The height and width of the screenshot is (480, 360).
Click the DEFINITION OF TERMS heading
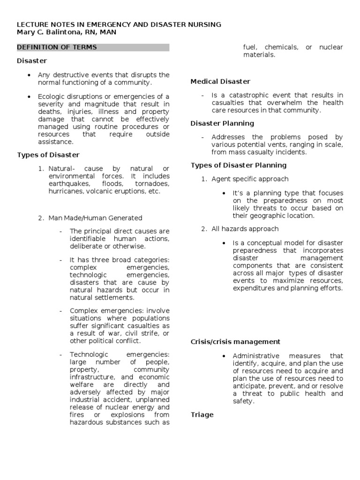pyautogui.click(x=57, y=47)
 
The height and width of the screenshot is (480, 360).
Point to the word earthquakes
pyautogui.click(x=67, y=184)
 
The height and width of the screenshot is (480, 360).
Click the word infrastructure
pyautogui.click(x=92, y=377)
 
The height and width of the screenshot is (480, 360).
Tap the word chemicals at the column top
pyautogui.click(x=281, y=47)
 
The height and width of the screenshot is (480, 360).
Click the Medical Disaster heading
pyautogui.click(x=220, y=82)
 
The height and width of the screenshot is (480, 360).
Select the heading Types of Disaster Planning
pyautogui.click(x=239, y=165)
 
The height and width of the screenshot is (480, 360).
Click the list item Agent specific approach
pyautogui.click(x=250, y=179)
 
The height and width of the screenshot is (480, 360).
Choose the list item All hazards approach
pyautogui.click(x=245, y=229)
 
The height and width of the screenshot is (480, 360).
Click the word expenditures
pyautogui.click(x=254, y=288)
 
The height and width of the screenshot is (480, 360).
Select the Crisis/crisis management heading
pyautogui.click(x=235, y=342)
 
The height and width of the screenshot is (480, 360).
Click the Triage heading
pyautogui.click(x=202, y=415)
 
